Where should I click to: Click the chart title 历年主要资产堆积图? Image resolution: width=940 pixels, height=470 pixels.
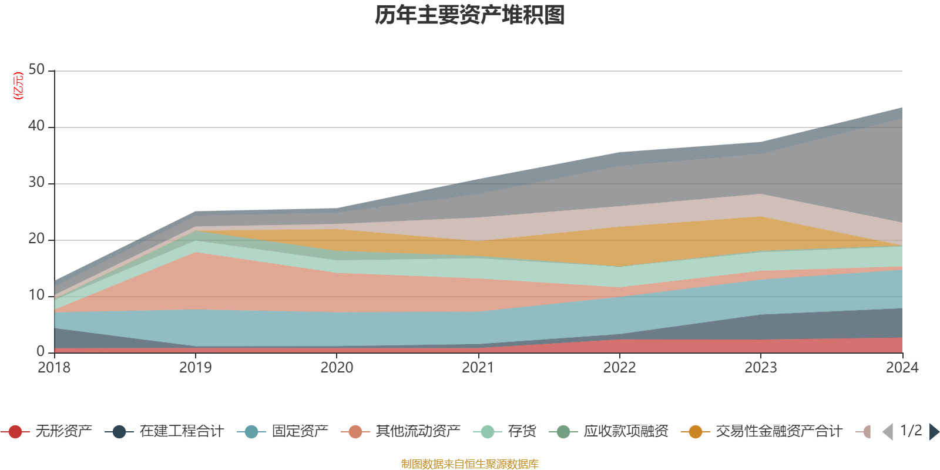[469, 15]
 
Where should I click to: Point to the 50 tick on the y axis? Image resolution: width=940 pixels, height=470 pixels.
[36, 69]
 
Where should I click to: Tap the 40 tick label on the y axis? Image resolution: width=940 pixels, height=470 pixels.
[36, 126]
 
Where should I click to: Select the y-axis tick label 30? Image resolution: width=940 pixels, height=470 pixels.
[36, 182]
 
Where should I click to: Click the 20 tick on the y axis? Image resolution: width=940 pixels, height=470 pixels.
[36, 239]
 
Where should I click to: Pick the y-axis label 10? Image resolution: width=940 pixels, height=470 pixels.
[36, 295]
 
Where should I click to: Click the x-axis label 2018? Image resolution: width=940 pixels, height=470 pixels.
[54, 368]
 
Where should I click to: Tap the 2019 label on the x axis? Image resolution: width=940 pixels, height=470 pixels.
[196, 368]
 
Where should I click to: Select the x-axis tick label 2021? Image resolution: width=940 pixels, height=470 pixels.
[478, 368]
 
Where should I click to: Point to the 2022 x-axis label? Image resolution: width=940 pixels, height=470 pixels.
[620, 368]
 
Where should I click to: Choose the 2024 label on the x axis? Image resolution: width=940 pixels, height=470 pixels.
[902, 368]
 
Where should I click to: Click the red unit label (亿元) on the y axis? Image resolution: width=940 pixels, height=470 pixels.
[18, 86]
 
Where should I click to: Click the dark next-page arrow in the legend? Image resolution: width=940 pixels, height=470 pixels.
[934, 431]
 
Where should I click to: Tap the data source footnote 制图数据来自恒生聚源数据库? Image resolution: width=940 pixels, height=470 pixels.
[469, 464]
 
